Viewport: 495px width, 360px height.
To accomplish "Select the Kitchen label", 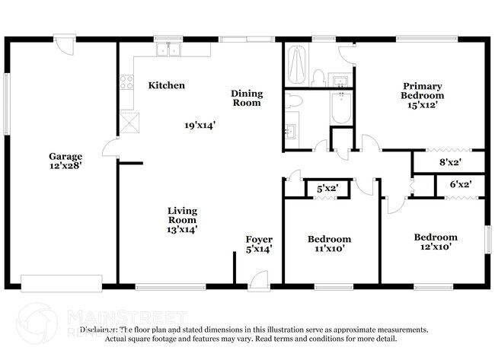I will pyautogui.click(x=166, y=86).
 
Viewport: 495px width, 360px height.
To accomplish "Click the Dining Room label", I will pyautogui.click(x=247, y=97).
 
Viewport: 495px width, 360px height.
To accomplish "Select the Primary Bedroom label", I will pyautogui.click(x=423, y=91).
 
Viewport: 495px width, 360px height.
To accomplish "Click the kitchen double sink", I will pyautogui.click(x=168, y=50).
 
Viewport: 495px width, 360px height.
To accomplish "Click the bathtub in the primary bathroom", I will pyautogui.click(x=297, y=66).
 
